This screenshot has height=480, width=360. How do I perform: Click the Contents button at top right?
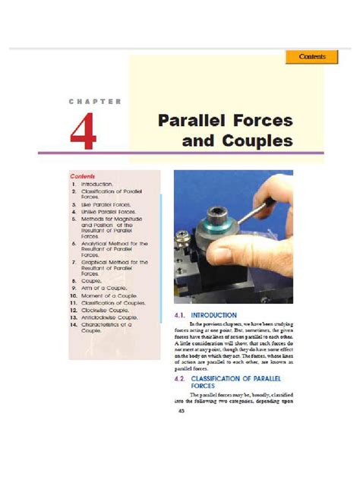311,57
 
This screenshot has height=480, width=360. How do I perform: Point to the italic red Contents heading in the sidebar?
82,175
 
